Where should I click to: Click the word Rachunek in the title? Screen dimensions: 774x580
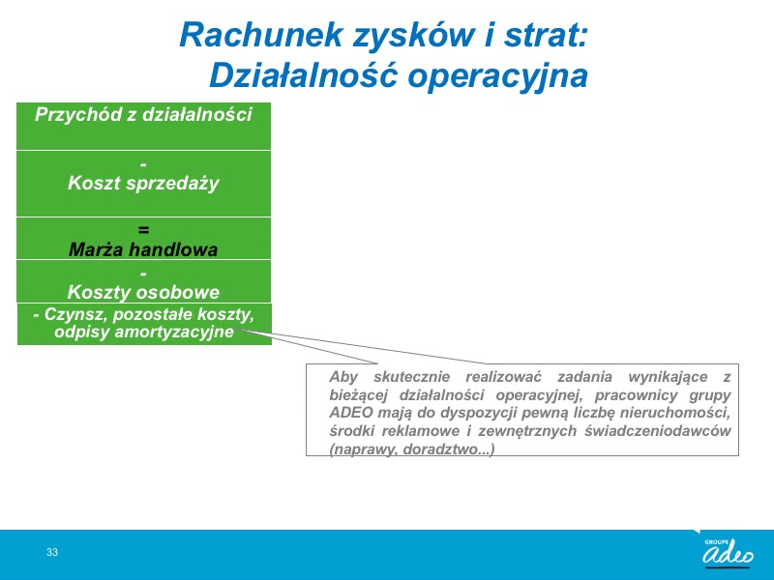[260, 35]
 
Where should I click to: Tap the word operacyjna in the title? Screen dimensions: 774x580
[497, 76]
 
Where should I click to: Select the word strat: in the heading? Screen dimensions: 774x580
[546, 35]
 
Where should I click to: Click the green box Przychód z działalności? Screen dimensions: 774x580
[143, 127]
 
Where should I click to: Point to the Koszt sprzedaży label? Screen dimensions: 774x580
[143, 183]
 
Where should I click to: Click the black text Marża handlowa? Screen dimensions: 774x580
[143, 249]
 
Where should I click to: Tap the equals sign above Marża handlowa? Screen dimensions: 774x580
[143, 229]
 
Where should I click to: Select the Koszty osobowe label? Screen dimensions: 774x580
[143, 292]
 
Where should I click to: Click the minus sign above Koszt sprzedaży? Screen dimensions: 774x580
[143, 164]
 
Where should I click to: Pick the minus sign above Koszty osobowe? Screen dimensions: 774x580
[143, 274]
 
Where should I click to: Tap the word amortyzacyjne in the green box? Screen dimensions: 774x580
[174, 332]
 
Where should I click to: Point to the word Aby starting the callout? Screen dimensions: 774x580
[343, 377]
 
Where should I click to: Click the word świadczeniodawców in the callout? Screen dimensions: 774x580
[658, 430]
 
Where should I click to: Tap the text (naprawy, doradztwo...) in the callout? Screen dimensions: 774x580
[412, 449]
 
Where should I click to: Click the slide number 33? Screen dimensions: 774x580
[52, 552]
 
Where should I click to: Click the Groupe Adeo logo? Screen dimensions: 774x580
[729, 553]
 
